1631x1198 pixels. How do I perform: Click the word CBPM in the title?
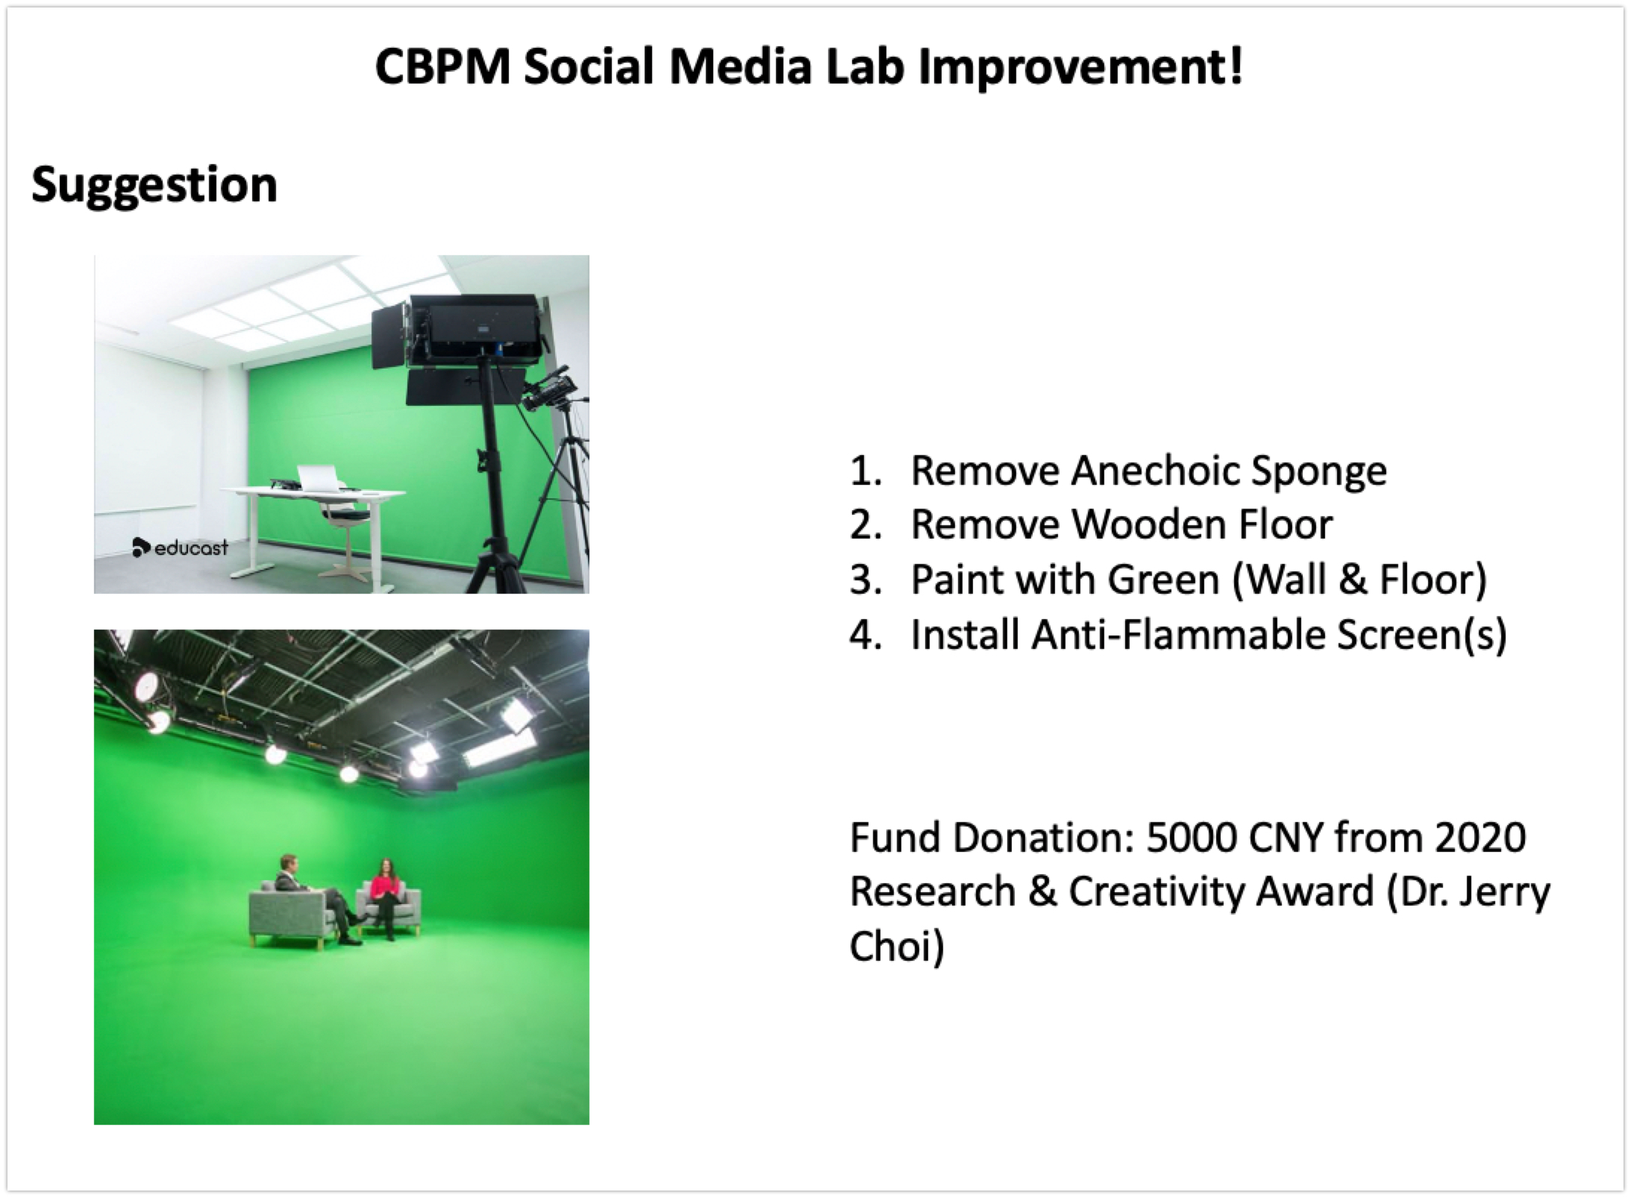[442, 66]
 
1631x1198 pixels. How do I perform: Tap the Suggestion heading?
[154, 185]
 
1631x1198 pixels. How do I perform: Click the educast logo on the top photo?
[181, 548]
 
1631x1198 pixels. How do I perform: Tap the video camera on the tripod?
[551, 394]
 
